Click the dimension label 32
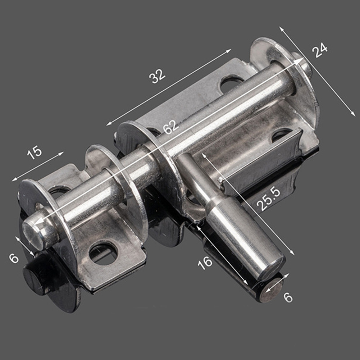[x=158, y=76]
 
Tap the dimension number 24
[x=320, y=50]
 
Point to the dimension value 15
[x=35, y=153]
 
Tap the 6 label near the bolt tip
[x=13, y=258]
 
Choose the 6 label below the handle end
[x=288, y=297]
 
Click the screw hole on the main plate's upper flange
[x=231, y=83]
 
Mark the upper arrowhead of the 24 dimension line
[x=281, y=28]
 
